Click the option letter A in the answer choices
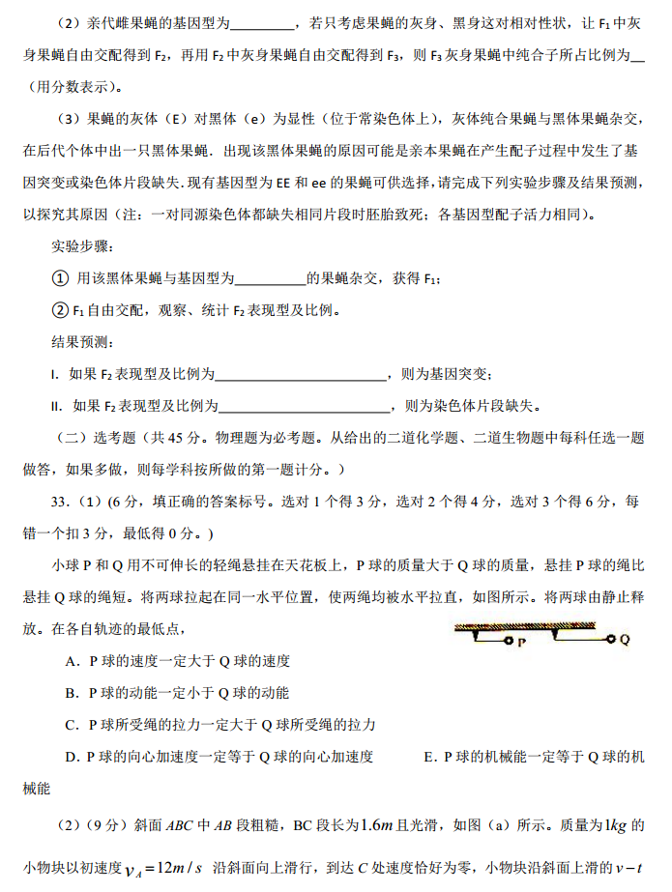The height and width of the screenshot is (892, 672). point(72,662)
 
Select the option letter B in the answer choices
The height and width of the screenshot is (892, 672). point(72,693)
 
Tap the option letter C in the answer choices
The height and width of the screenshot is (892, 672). point(72,724)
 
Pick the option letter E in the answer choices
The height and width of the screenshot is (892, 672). point(430,756)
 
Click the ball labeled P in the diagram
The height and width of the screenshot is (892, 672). point(509,640)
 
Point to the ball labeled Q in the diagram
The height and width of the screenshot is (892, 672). point(610,639)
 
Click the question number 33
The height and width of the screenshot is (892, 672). point(63,502)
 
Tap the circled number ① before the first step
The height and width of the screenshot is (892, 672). point(61,278)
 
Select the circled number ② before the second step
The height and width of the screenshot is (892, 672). point(61,310)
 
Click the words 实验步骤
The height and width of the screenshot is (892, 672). point(81,246)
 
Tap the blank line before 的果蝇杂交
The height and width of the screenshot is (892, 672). point(271,279)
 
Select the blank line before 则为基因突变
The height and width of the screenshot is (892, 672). point(301,374)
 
